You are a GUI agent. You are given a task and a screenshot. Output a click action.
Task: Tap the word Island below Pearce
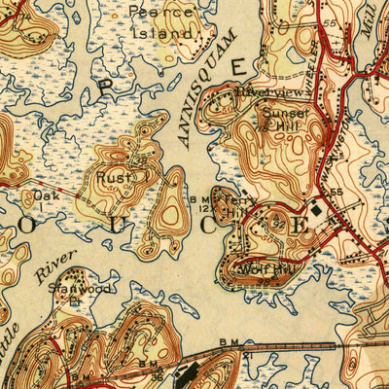click(161, 32)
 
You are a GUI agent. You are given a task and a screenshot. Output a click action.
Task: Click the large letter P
click(106, 88)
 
